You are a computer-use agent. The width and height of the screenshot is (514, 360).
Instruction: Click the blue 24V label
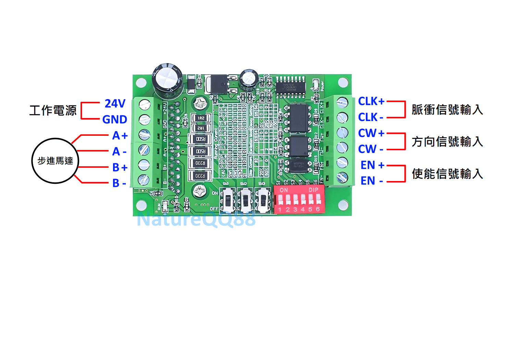pos(115,104)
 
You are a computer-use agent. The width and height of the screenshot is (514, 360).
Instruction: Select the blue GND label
pos(115,119)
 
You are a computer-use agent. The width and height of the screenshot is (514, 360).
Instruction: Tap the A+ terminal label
pos(120,135)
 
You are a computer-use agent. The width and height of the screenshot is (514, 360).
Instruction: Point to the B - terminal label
pos(119,183)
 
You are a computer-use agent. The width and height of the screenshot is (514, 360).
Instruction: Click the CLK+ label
pos(371,101)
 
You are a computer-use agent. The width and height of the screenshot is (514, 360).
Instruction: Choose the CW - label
pos(370,149)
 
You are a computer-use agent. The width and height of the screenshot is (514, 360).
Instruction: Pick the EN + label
pos(372,165)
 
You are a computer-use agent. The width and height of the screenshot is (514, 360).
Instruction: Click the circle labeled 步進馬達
pos(55,161)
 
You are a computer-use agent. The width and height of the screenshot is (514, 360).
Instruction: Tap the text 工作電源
pos(53,110)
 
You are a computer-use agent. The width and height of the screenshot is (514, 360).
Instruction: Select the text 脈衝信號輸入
pos(447,110)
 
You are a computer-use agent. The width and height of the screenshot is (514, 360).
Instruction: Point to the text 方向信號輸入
pos(447,142)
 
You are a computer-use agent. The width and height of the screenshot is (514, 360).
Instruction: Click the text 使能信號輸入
pos(447,174)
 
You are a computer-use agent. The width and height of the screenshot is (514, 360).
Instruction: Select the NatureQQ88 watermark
pos(196,219)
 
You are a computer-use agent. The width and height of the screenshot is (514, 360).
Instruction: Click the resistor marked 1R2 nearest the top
pos(201,118)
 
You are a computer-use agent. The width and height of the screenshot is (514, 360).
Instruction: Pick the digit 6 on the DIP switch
pos(318,209)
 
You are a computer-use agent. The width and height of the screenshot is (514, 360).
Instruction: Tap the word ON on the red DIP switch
pos(284,190)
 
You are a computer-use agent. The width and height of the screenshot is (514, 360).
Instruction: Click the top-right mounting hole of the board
pos(343,83)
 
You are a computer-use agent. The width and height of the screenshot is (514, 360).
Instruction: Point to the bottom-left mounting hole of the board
pos(141,205)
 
